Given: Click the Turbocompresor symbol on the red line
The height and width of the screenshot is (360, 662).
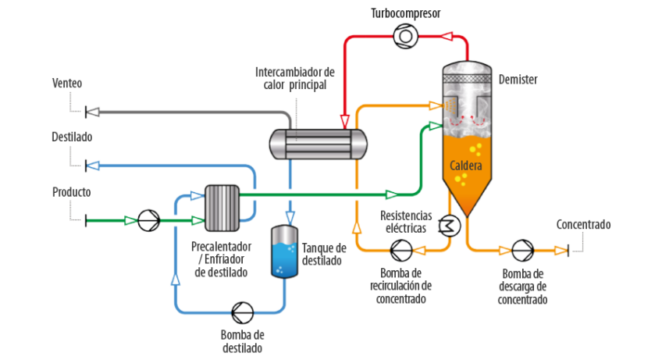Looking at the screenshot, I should [x=405, y=35].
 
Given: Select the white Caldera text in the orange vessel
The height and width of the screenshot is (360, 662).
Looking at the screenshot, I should [x=466, y=166].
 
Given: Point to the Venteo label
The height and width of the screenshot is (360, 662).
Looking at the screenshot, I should [x=66, y=83].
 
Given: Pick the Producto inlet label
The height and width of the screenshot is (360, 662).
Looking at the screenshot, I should [x=71, y=191].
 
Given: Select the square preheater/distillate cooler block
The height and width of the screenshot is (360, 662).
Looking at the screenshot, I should [x=221, y=208].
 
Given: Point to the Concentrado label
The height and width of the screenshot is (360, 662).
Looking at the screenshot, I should [x=583, y=225].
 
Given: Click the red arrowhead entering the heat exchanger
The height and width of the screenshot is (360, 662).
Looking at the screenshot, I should [x=344, y=121].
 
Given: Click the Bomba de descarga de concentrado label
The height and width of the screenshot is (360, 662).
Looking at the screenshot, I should [x=522, y=287].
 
